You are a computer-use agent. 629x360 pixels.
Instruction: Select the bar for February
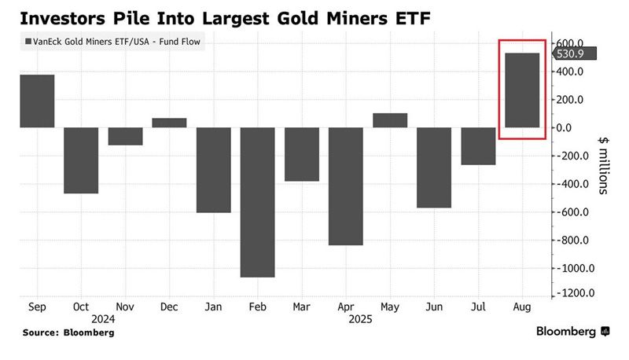coord(257,202)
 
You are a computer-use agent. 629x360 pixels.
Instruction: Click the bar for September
coord(37,101)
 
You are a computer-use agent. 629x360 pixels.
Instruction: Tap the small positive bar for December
coord(169,123)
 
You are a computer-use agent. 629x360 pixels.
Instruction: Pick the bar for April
coord(345,186)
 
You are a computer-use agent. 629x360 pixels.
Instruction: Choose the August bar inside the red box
coord(521,90)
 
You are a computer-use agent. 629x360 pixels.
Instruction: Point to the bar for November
coord(125,136)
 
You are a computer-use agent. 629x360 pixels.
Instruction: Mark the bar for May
coord(390,120)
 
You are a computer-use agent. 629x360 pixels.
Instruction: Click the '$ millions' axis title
coord(603,164)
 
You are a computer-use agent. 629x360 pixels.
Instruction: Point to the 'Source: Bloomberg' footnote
coord(68,332)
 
